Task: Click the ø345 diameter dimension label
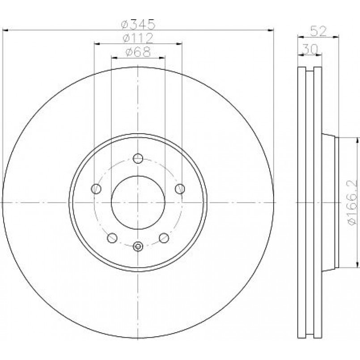click(138, 24)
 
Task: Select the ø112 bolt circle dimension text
click(138, 38)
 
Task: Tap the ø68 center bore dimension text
click(138, 52)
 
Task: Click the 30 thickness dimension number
click(310, 49)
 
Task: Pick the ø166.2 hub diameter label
click(351, 202)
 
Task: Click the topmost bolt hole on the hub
click(138, 158)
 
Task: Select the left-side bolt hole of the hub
click(96, 189)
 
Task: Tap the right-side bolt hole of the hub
click(180, 189)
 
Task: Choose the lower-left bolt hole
click(112, 238)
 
